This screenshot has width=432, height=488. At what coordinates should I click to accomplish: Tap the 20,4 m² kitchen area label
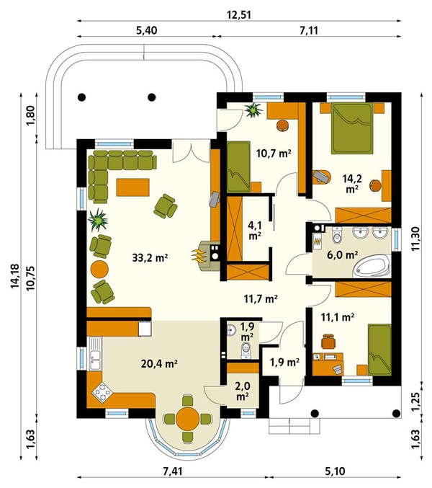click(159, 363)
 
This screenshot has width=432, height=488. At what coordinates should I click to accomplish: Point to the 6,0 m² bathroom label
click(342, 255)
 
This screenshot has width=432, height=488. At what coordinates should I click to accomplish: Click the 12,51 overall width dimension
click(239, 14)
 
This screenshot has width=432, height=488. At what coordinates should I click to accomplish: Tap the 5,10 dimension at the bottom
click(336, 471)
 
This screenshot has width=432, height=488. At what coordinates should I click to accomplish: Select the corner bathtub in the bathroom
click(372, 267)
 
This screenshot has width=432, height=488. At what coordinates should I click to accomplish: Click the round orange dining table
click(187, 419)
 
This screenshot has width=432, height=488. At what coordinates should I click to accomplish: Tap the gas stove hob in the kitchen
click(102, 394)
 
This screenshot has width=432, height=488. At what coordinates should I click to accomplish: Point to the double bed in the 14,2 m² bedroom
click(352, 128)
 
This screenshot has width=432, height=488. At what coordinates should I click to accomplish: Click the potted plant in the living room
click(98, 220)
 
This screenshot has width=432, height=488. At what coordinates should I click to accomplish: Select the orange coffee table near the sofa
click(132, 187)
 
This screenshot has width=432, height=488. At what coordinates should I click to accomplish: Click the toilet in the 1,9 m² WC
click(246, 350)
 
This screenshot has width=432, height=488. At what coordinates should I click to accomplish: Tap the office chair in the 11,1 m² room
click(328, 342)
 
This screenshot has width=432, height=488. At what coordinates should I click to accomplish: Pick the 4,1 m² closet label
click(255, 230)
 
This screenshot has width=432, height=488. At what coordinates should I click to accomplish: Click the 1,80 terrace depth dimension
click(32, 116)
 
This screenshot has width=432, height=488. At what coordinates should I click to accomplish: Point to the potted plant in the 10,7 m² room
click(254, 110)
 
